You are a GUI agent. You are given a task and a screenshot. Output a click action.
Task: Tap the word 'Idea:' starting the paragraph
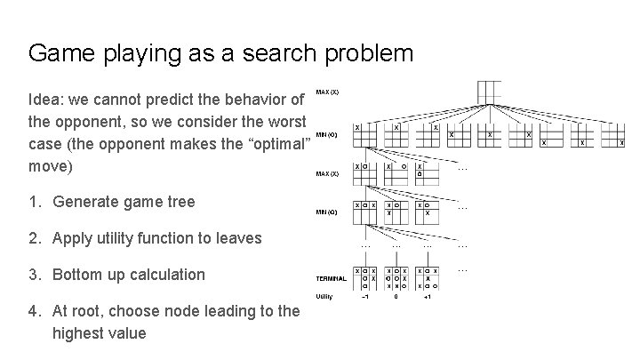[47, 97]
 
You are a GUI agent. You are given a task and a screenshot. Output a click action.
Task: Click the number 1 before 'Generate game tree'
[34, 202]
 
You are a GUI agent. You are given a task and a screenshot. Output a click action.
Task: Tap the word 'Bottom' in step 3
[78, 275]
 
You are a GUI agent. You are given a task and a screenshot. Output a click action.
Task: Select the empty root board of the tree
[490, 92]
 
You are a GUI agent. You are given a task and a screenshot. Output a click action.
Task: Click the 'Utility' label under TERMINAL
[325, 296]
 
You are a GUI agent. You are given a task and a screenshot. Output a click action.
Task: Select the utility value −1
[364, 298]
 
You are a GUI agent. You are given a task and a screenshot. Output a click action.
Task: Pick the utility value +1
[428, 298]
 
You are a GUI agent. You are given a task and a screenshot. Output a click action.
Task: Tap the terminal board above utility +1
[428, 276]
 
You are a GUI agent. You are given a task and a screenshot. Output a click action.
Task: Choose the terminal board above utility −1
[364, 276]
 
